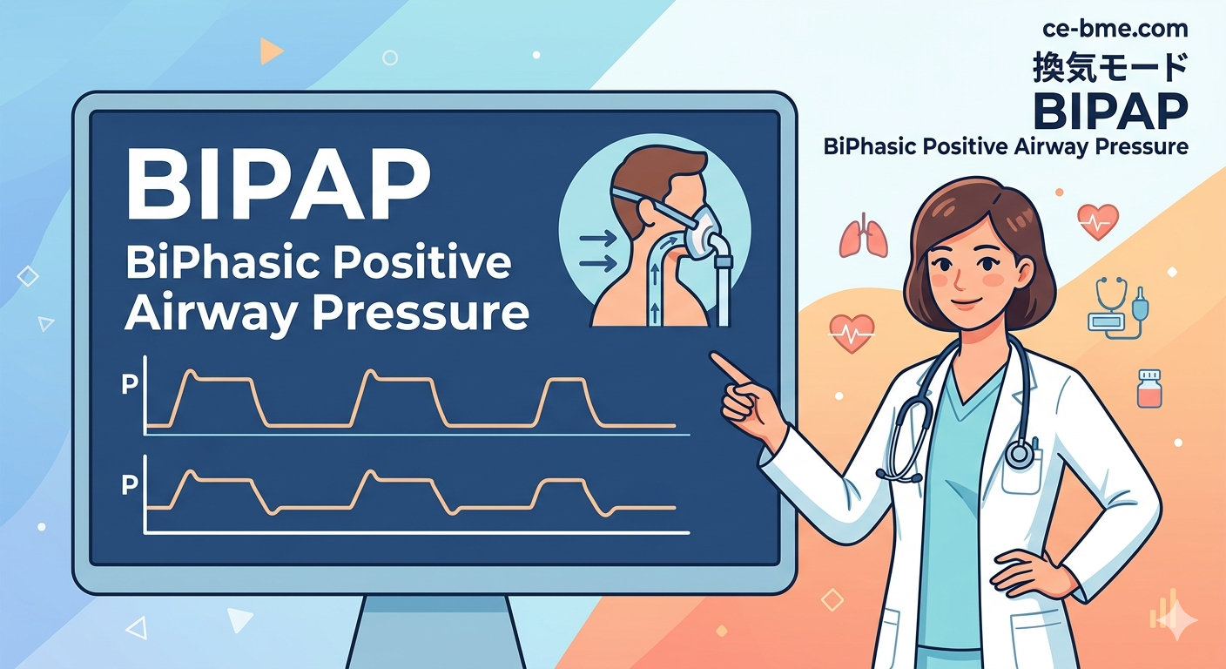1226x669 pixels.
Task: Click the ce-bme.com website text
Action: tap(1115, 29)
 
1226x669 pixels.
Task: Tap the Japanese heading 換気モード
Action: tap(1110, 67)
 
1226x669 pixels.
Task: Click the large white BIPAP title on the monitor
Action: tap(278, 186)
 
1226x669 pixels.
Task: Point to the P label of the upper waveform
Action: tap(130, 384)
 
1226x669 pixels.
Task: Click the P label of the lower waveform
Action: tap(130, 484)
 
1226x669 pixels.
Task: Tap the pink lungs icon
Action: tap(863, 235)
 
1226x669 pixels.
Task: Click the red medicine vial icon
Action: tap(1149, 389)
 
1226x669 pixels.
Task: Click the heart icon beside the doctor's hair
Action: tap(1098, 221)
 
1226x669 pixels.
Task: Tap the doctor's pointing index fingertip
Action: tap(713, 356)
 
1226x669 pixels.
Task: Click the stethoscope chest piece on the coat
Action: tap(1019, 454)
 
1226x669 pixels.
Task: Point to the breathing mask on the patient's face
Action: tap(701, 234)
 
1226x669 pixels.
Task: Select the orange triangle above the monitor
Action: tap(271, 51)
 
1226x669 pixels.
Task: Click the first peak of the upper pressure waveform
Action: tap(191, 371)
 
